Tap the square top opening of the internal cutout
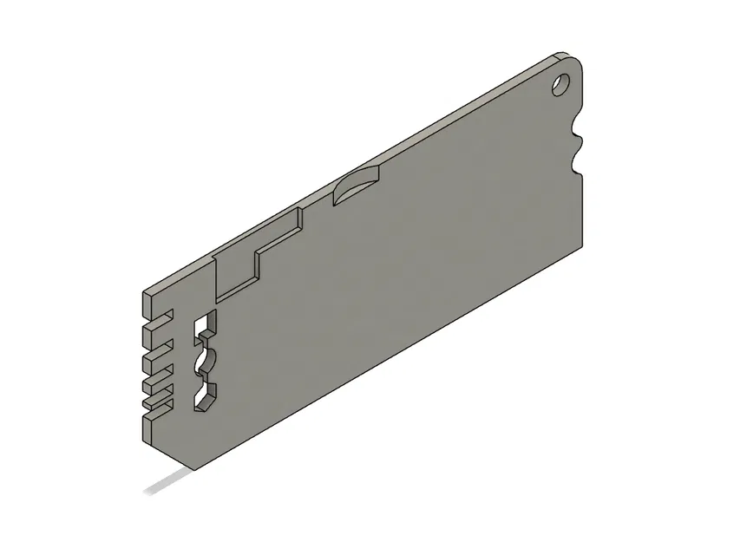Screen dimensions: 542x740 206,326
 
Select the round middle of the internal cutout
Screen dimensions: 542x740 206,358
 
